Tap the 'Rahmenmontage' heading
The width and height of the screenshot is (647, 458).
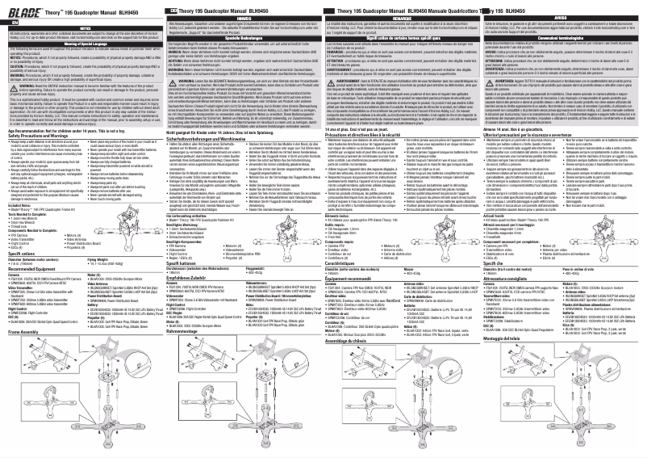click(187, 331)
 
